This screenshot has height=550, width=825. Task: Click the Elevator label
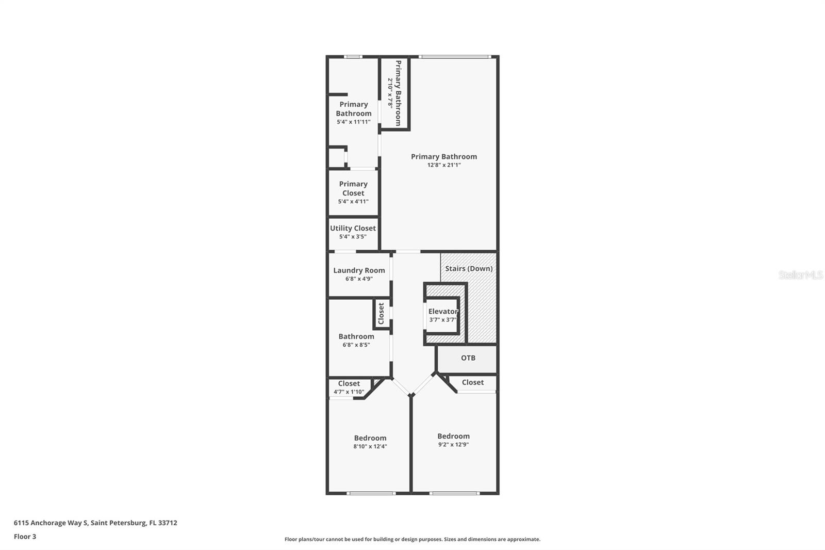tap(443, 311)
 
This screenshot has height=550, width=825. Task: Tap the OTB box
tap(468, 358)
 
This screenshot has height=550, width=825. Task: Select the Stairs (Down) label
tap(469, 268)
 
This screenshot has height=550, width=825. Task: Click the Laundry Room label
tap(359, 270)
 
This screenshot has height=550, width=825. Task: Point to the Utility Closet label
tap(353, 228)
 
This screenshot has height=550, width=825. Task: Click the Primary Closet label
tap(353, 188)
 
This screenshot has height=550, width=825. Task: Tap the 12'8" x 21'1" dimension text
tap(443, 165)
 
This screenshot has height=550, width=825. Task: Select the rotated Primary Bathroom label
tap(398, 93)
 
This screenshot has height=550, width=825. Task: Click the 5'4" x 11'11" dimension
tap(353, 122)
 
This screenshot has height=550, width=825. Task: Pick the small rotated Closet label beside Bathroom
tap(381, 314)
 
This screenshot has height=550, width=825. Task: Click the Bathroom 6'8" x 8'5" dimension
tap(356, 345)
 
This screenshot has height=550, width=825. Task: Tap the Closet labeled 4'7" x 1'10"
tap(349, 383)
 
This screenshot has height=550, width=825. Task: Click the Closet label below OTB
tap(472, 382)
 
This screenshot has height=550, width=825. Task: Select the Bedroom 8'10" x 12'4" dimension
tap(370, 446)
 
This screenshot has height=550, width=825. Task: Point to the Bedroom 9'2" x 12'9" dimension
tap(453, 444)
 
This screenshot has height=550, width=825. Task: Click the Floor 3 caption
tap(25, 537)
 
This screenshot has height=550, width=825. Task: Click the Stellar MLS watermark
tap(800, 275)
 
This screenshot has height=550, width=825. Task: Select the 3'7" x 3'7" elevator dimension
tap(442, 320)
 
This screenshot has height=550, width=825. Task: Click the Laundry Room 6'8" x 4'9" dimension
tap(359, 279)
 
